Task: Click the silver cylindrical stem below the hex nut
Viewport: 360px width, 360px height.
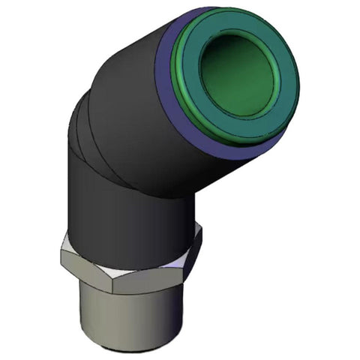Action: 127,315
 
